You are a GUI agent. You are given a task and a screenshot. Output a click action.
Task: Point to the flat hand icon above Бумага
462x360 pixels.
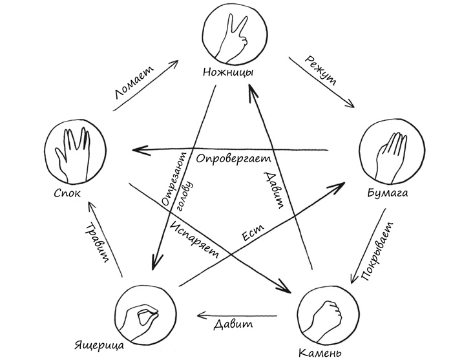coord(389,153)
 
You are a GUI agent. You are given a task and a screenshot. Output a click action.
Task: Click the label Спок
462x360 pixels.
coord(67,192)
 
